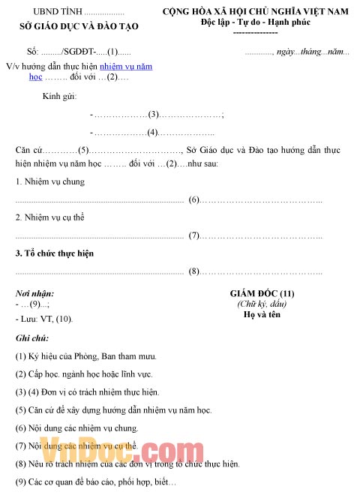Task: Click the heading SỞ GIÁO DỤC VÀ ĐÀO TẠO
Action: (x=79, y=26)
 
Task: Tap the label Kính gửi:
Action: (x=59, y=97)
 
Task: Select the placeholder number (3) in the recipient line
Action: (x=154, y=114)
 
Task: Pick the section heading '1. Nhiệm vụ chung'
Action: (x=50, y=181)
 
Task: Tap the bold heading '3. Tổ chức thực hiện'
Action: (x=55, y=253)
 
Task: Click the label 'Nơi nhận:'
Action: (x=34, y=293)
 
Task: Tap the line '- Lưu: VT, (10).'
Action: (x=44, y=319)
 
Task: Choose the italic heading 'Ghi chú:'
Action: (x=32, y=338)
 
